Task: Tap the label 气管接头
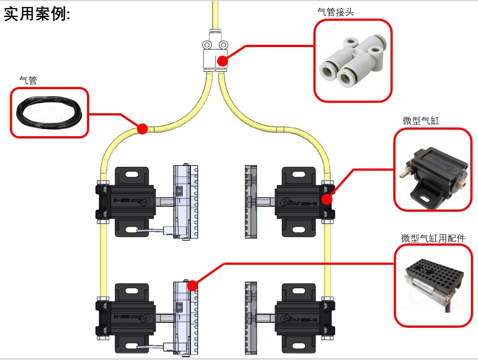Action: click(x=335, y=11)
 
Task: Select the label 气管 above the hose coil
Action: click(x=28, y=80)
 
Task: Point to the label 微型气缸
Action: click(x=421, y=121)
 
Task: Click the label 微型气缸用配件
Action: click(x=433, y=238)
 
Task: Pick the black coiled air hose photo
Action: click(x=49, y=113)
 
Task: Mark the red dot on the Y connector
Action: click(x=222, y=60)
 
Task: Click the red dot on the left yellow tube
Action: click(x=142, y=129)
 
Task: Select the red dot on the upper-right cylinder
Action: click(x=327, y=199)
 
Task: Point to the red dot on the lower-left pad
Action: click(x=192, y=285)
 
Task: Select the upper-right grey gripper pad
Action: click(x=250, y=202)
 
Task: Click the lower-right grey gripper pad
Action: click(x=250, y=316)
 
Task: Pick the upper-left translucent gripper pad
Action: click(x=182, y=202)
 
